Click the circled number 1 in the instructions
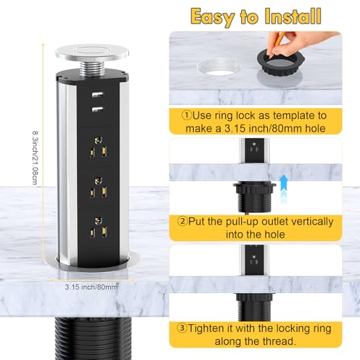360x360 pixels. (x=187, y=113)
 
